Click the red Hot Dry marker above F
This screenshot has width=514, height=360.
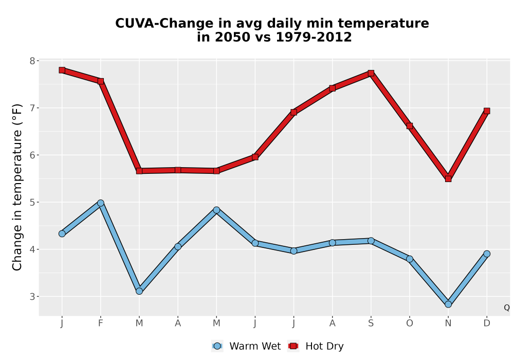pyautogui.click(x=101, y=81)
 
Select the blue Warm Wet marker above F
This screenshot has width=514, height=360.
pyautogui.click(x=101, y=203)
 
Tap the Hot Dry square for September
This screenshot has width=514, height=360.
pyautogui.click(x=371, y=73)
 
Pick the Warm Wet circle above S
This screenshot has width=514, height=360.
pyautogui.click(x=371, y=241)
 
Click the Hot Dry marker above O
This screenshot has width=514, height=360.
pyautogui.click(x=410, y=126)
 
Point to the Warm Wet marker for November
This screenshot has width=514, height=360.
pyautogui.click(x=448, y=304)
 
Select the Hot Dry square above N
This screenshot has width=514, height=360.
pyautogui.click(x=448, y=178)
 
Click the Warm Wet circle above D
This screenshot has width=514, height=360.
pyautogui.click(x=487, y=254)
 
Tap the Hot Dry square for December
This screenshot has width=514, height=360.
pyautogui.click(x=487, y=111)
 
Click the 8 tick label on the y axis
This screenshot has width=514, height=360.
pyautogui.click(x=32, y=61)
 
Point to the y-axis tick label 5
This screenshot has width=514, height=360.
pyautogui.click(x=32, y=202)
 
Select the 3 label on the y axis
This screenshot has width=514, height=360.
pyautogui.click(x=32, y=297)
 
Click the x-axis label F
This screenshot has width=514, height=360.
pyautogui.click(x=101, y=323)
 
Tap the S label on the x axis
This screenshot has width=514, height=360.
pyautogui.click(x=371, y=323)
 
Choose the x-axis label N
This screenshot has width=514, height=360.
pyautogui.click(x=448, y=323)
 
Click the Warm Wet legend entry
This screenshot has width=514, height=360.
pyautogui.click(x=246, y=346)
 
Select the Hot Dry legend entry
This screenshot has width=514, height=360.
pyautogui.click(x=316, y=346)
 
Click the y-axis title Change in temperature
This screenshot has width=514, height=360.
pyautogui.click(x=17, y=187)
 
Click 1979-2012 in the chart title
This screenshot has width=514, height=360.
pyautogui.click(x=314, y=37)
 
